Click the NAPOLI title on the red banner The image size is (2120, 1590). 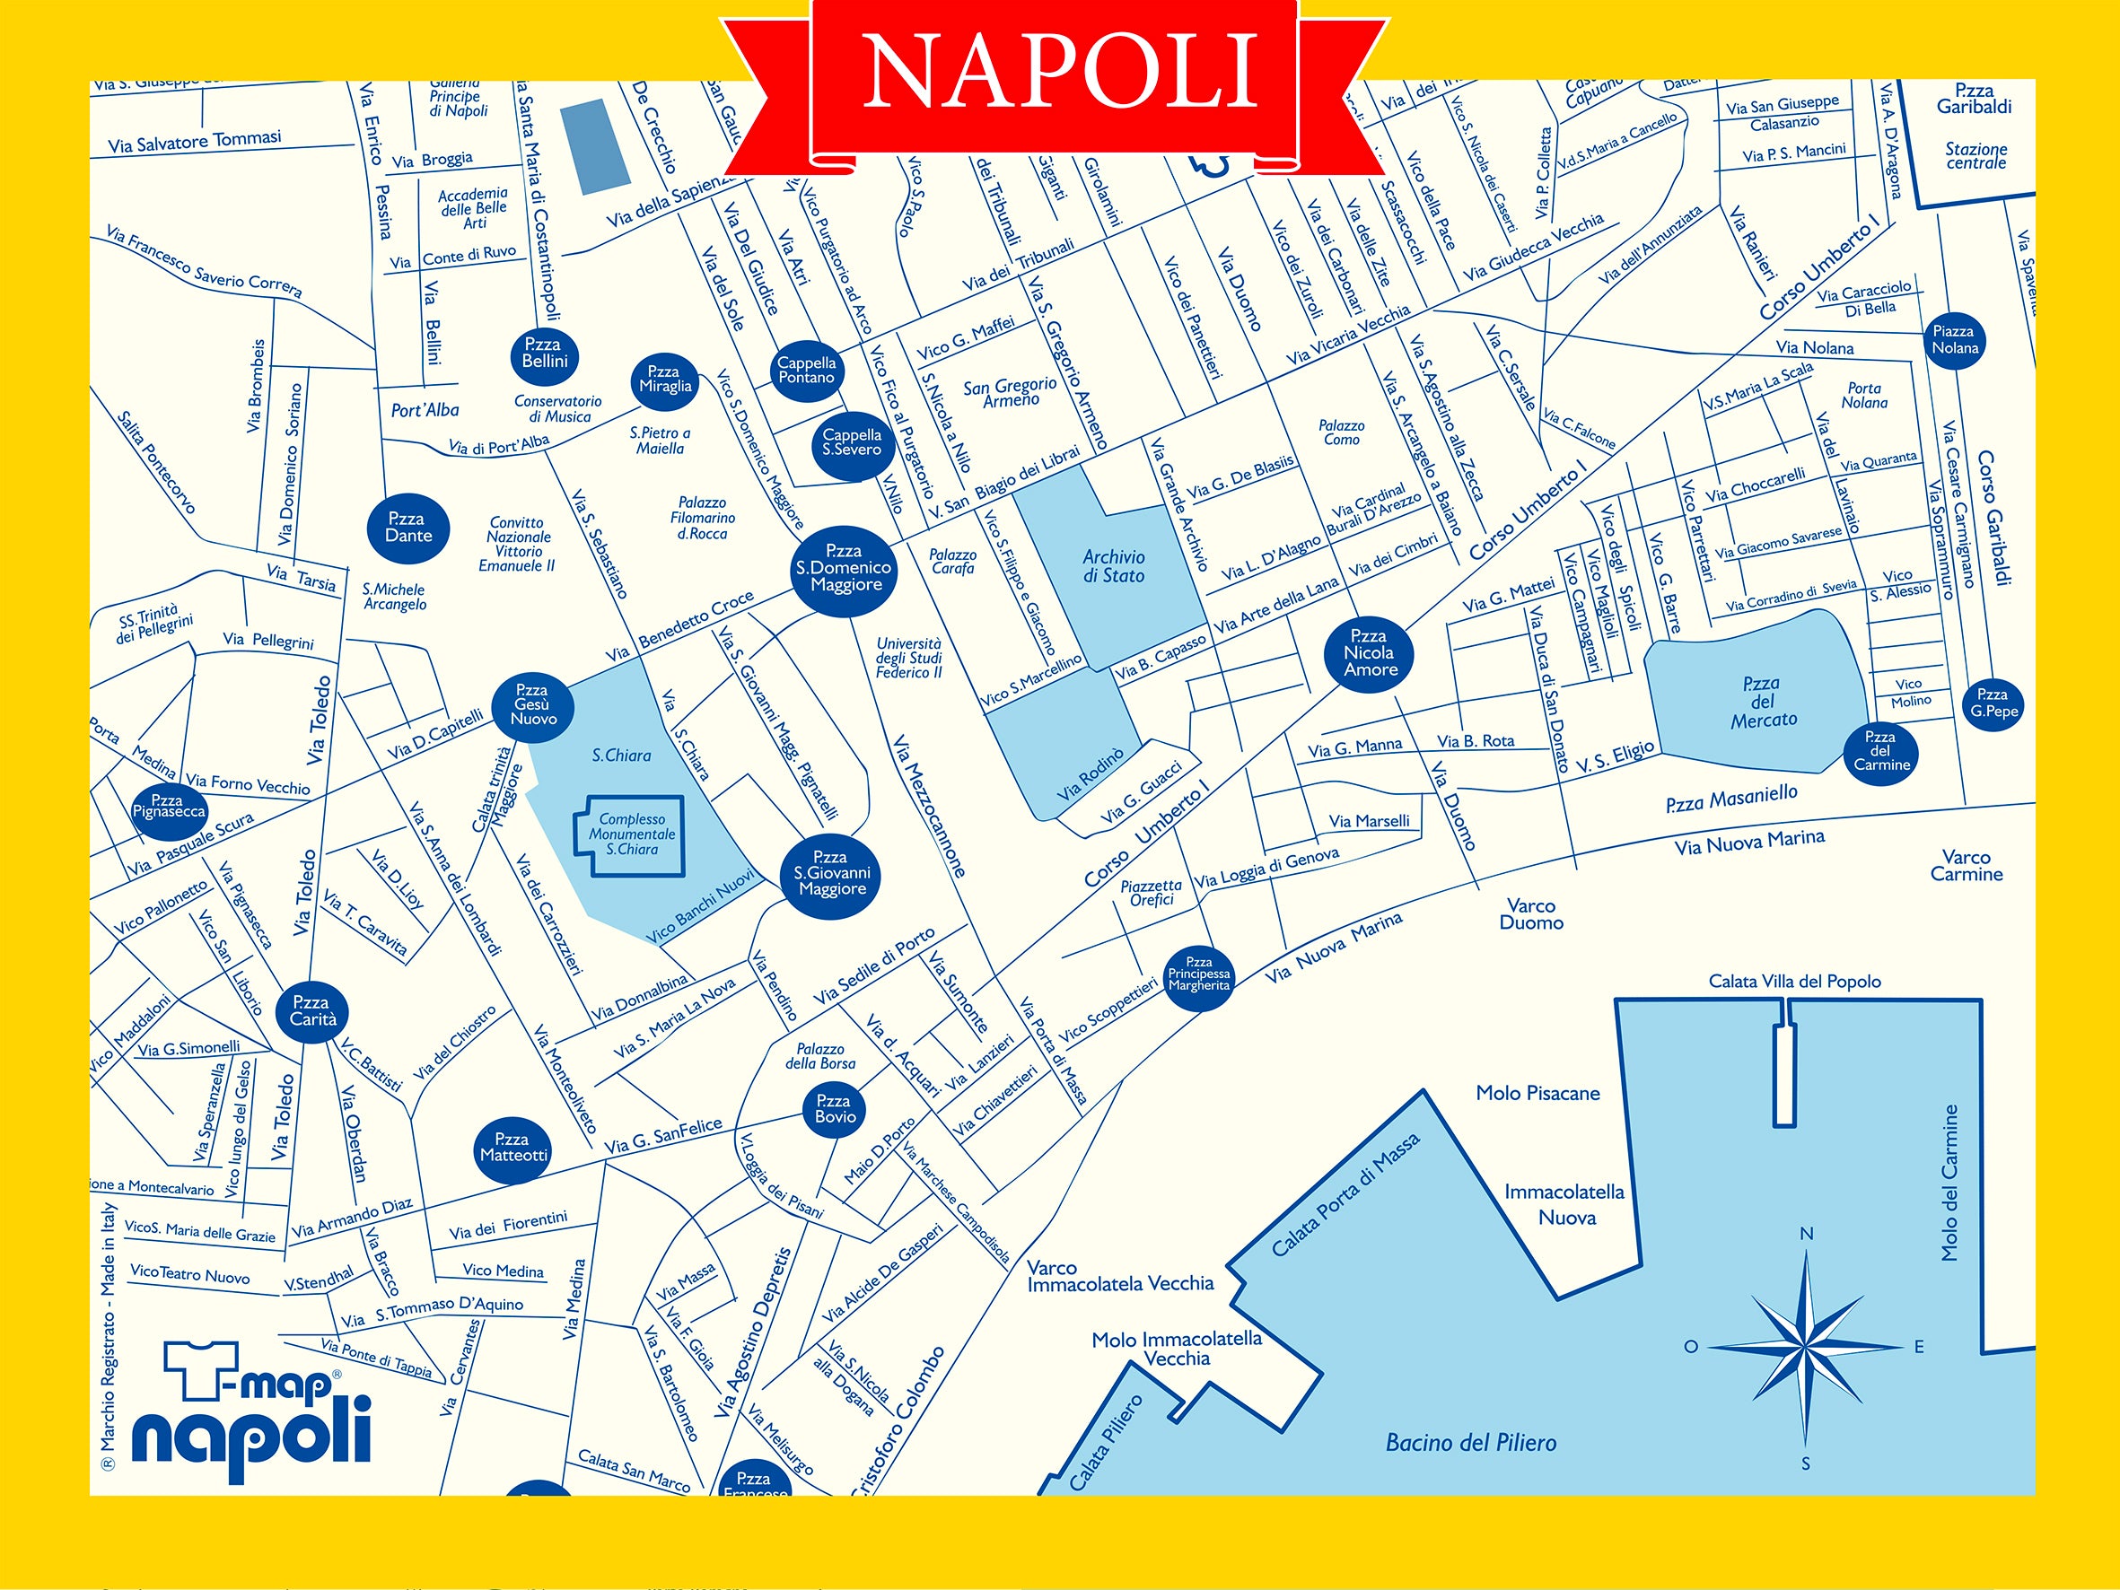pyautogui.click(x=1059, y=72)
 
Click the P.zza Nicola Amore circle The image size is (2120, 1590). pyautogui.click(x=1370, y=652)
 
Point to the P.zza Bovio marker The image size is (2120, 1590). pyautogui.click(x=835, y=1110)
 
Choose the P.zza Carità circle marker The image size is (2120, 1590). pyautogui.click(x=312, y=1011)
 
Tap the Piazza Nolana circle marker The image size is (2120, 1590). pyautogui.click(x=1954, y=339)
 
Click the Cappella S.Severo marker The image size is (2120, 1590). pyautogui.click(x=852, y=441)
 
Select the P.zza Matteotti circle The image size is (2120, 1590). pyautogui.click(x=513, y=1149)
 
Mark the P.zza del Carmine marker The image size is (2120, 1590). pyautogui.click(x=1880, y=750)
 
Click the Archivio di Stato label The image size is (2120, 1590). pyautogui.click(x=1113, y=566)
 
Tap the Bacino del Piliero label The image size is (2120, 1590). pyautogui.click(x=1470, y=1443)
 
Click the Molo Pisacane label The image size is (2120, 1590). pyautogui.click(x=1537, y=1094)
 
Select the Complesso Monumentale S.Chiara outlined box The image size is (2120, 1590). pyautogui.click(x=631, y=834)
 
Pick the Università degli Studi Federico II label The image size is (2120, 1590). pyautogui.click(x=908, y=659)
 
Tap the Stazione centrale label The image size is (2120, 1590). pyautogui.click(x=1975, y=155)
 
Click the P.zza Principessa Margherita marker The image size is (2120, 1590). pyautogui.click(x=1198, y=974)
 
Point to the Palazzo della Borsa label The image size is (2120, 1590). pyautogui.click(x=820, y=1056)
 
